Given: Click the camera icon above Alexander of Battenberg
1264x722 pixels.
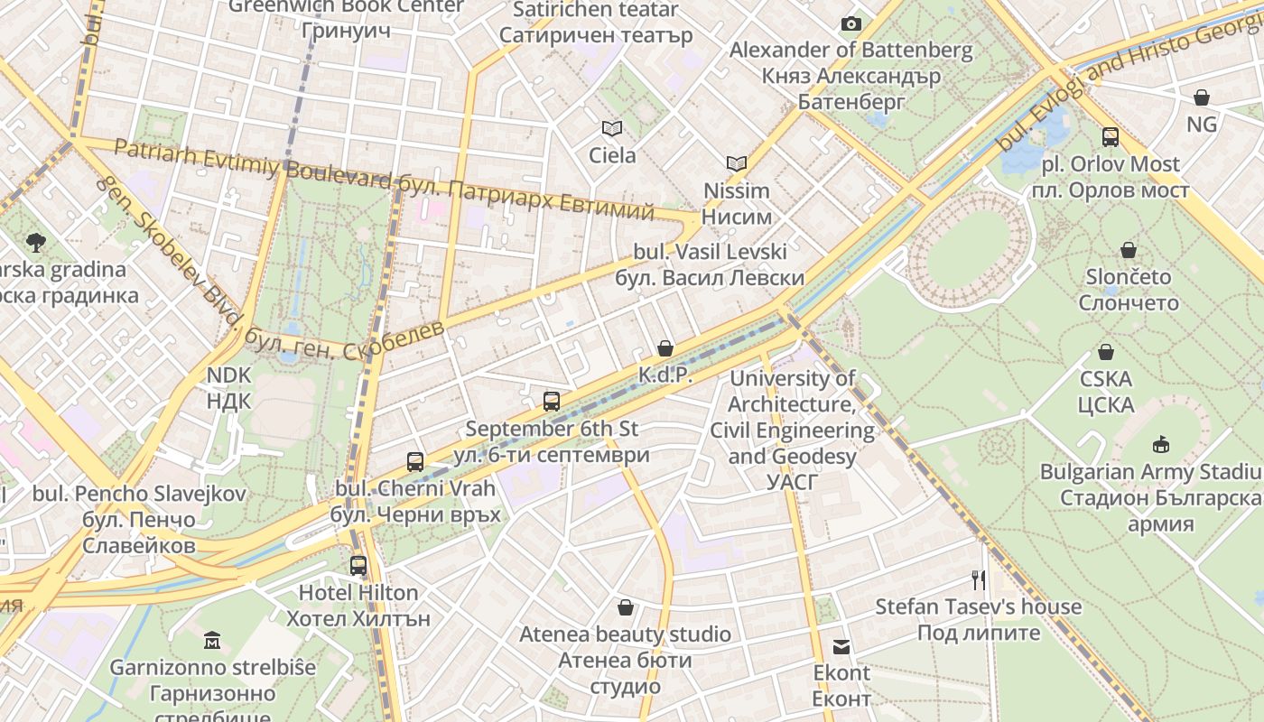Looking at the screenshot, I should click(850, 23).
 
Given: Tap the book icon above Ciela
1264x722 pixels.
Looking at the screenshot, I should click(612, 128).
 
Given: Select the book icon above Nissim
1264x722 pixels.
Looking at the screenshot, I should click(737, 163).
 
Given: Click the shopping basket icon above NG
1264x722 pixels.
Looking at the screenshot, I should click(1201, 97).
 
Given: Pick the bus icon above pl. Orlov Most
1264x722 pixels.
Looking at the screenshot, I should click(1111, 137).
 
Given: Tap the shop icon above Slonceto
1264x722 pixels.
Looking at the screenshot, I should click(1129, 250).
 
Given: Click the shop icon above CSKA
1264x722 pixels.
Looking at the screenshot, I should click(1106, 352).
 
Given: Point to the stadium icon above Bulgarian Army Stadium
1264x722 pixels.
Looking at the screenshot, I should click(1161, 444).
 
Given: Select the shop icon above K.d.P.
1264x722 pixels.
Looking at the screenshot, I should click(665, 348).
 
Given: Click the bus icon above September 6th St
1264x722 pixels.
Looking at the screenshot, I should click(552, 402).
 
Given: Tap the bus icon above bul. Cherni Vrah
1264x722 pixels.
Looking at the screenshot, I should click(415, 462).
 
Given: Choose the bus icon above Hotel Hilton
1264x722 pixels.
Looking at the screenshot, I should click(358, 566).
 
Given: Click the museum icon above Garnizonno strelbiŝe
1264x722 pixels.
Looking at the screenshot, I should click(212, 641).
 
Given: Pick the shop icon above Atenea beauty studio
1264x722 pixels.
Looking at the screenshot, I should click(625, 607).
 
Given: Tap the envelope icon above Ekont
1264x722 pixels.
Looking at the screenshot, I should click(841, 646).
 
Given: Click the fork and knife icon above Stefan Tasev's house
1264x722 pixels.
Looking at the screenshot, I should click(978, 579).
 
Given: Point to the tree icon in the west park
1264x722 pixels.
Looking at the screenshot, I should click(36, 242).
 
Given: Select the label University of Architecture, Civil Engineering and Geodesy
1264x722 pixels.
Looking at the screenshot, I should click(792, 430).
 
